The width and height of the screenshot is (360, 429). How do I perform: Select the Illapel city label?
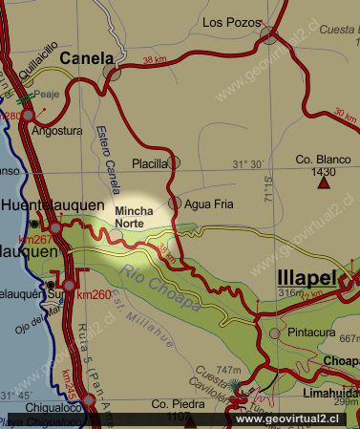coord(307,279)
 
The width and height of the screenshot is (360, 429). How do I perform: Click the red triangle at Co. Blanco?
coord(325,183)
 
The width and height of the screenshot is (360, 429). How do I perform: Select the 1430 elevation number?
coord(325,171)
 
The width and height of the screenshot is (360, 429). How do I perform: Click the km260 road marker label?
coord(94,294)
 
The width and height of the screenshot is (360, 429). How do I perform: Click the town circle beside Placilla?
coord(175,162)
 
